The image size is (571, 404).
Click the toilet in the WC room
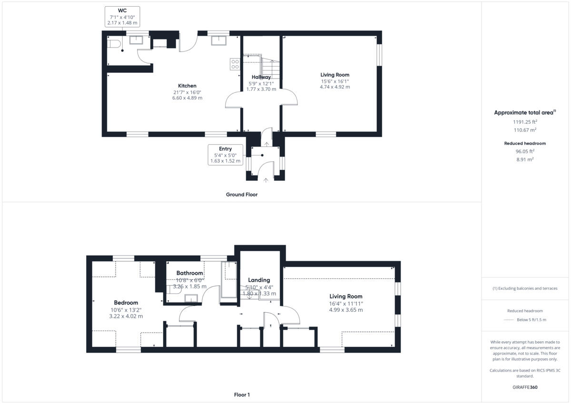pyautogui.click(x=113, y=44)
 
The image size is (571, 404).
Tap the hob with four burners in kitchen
pyautogui.click(x=235, y=64)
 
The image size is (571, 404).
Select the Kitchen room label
pyautogui.click(x=187, y=86)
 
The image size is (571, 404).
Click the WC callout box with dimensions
pyautogui.click(x=122, y=16)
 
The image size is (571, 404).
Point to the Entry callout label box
pyautogui.click(x=226, y=155)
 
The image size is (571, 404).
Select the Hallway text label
pyautogui.click(x=261, y=77)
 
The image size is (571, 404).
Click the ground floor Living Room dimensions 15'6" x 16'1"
pyautogui.click(x=335, y=81)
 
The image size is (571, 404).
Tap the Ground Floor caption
pyautogui.click(x=242, y=195)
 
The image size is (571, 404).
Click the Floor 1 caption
pyautogui.click(x=242, y=395)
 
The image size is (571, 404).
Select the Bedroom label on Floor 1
pyautogui.click(x=126, y=303)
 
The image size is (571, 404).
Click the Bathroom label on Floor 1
pyautogui.click(x=190, y=273)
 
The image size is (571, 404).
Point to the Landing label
pyautogui.click(x=259, y=280)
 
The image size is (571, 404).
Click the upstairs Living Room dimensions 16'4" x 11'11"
pyautogui.click(x=346, y=303)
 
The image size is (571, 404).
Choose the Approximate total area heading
pyautogui.click(x=524, y=113)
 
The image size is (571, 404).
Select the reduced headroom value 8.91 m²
pyautogui.click(x=525, y=159)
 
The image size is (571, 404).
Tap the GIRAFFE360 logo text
pyautogui.click(x=525, y=387)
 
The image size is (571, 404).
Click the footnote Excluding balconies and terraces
pyautogui.click(x=525, y=288)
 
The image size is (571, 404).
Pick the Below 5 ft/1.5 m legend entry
pyautogui.click(x=531, y=320)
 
